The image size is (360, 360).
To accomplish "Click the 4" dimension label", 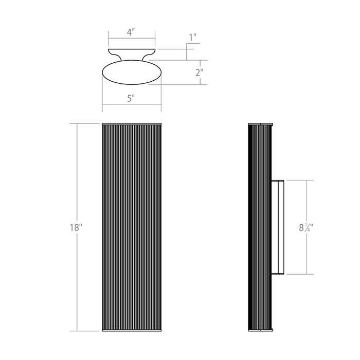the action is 131,32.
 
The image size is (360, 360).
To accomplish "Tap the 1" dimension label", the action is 192,38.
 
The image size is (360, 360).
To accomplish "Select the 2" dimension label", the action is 199,73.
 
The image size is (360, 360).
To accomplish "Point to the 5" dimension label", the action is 131,99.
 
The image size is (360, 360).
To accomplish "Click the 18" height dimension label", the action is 76,228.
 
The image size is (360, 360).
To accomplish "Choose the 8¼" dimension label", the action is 306,227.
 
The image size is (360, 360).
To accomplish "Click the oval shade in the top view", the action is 132,72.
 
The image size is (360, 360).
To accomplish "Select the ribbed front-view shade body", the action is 132,227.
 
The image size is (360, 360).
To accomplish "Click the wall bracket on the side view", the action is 278,227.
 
